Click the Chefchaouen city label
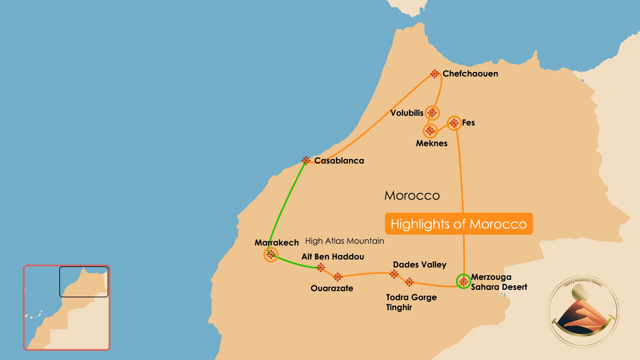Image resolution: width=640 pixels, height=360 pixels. (470, 74)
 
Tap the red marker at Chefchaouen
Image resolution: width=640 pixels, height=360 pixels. (435, 74)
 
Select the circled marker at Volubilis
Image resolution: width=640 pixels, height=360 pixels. (432, 113)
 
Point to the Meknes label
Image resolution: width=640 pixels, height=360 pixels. (431, 143)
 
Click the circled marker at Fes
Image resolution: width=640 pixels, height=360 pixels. (454, 123)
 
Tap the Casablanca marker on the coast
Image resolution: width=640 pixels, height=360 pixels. (306, 160)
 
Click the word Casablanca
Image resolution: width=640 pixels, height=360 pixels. (339, 161)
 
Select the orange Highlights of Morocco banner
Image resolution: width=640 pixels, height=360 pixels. (459, 224)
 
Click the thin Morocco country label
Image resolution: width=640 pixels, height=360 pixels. (412, 195)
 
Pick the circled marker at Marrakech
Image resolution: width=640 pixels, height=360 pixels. (271, 255)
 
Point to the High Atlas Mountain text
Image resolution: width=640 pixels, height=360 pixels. (344, 241)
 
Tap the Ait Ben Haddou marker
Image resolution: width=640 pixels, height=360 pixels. (321, 267)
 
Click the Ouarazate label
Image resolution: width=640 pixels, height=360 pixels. (332, 288)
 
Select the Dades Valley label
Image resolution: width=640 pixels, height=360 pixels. (419, 265)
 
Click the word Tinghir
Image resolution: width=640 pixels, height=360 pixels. (399, 307)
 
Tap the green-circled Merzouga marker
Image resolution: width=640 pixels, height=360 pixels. (463, 281)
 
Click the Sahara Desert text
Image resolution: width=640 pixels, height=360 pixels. (499, 287)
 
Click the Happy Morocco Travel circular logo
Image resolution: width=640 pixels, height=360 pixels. (583, 311)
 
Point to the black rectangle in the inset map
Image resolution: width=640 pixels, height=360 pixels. (84, 282)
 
